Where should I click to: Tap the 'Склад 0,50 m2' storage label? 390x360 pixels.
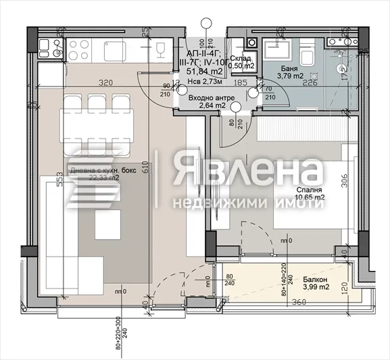coord(241,63)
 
